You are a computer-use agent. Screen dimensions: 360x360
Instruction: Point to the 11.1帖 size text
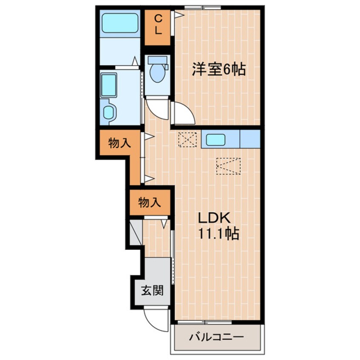(x=217, y=233)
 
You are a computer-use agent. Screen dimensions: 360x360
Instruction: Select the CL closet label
(x=157, y=24)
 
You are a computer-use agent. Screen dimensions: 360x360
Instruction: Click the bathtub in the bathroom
(x=120, y=23)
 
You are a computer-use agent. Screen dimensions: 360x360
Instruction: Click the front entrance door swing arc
(x=154, y=320)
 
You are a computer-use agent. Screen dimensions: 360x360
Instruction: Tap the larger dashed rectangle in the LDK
(x=228, y=166)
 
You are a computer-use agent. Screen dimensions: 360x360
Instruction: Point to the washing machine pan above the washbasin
(x=109, y=85)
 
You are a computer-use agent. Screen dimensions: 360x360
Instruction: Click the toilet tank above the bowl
(x=157, y=61)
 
